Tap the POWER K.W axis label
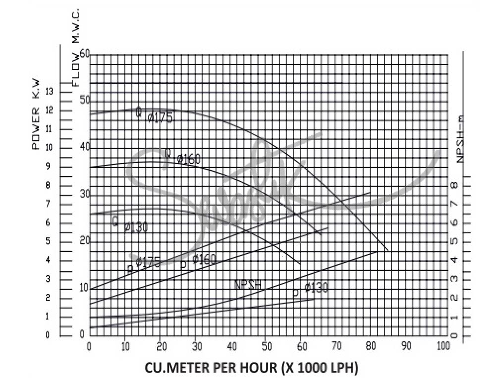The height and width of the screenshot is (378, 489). pyautogui.click(x=36, y=114)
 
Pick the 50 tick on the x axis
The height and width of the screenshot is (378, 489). pyautogui.click(x=266, y=346)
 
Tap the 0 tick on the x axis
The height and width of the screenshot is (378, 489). pyautogui.click(x=89, y=346)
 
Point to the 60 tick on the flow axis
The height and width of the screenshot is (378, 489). pyautogui.click(x=84, y=54)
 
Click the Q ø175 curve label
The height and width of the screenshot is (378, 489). pyautogui.click(x=154, y=115)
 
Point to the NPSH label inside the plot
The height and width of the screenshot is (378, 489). pyautogui.click(x=248, y=285)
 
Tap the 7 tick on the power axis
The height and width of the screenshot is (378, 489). pyautogui.click(x=48, y=204)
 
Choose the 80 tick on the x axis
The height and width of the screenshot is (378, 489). pyautogui.click(x=372, y=346)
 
